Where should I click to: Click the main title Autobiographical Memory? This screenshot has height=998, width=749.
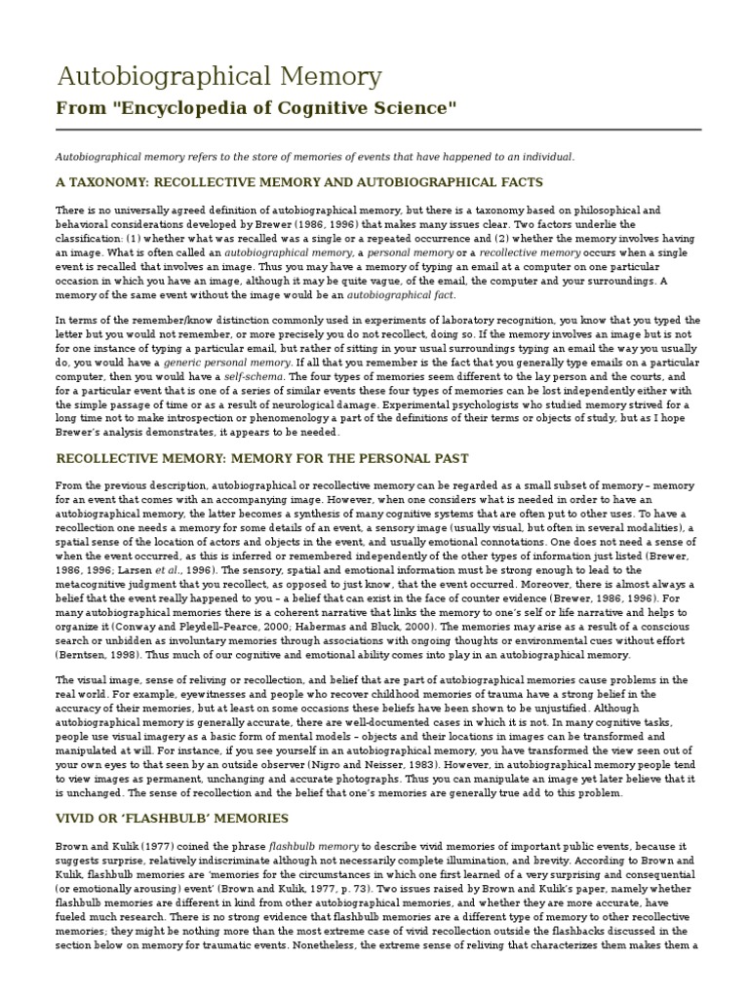click(x=218, y=76)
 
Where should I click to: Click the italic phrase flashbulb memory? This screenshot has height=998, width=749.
click(x=307, y=843)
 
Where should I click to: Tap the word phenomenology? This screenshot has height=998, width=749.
click(x=301, y=418)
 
